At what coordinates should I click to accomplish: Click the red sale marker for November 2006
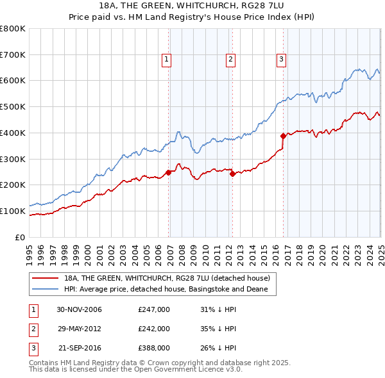coord(169,172)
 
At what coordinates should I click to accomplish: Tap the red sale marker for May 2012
coord(232,174)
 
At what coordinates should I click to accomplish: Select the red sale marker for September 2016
coord(283,136)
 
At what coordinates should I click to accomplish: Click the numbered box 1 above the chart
coord(166,60)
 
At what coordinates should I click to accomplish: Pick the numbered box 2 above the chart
coord(230,60)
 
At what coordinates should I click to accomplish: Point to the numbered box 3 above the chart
coord(281,60)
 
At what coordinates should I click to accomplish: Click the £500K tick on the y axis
coord(13,106)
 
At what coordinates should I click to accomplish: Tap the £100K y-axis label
coord(13,211)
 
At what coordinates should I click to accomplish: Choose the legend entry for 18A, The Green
coord(171,279)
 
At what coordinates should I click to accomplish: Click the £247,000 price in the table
coord(154,309)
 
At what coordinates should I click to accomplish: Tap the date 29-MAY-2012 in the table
coord(80,329)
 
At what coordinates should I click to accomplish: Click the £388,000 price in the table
coord(154,348)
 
